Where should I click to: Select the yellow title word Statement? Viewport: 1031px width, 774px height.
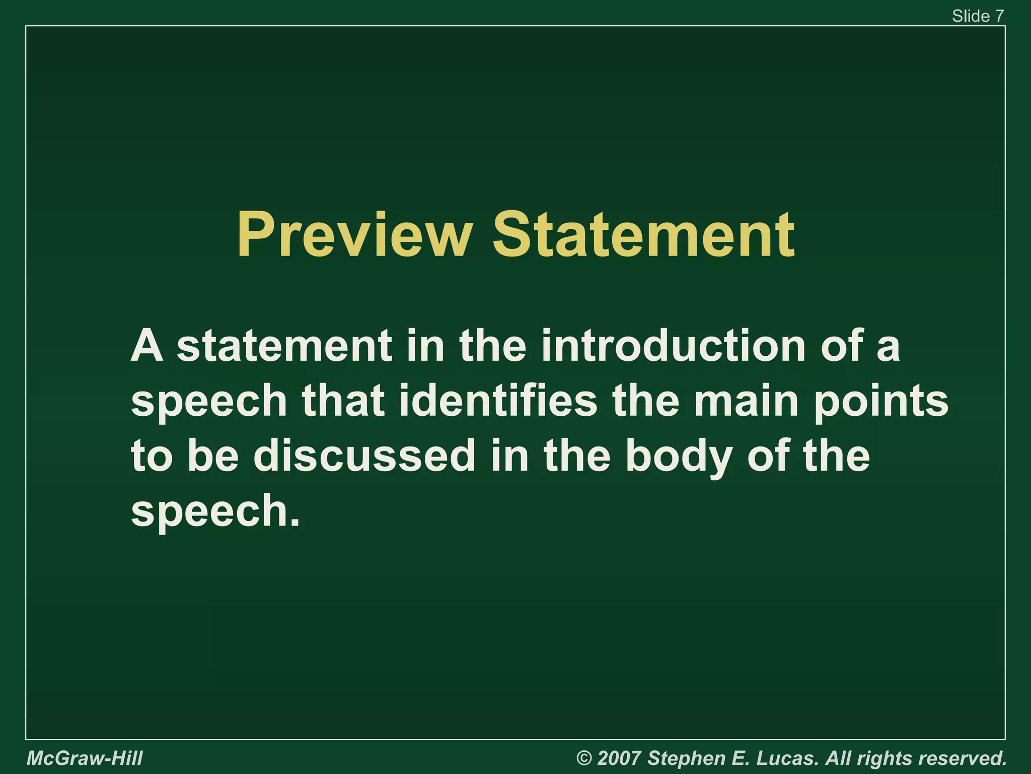[643, 236]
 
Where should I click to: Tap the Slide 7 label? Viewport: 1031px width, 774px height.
[978, 16]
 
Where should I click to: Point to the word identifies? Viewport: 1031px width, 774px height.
[498, 401]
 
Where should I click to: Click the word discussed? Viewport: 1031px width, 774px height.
[364, 456]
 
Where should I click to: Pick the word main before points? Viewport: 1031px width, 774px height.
[747, 401]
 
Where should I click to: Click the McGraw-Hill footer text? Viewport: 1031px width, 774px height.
[85, 758]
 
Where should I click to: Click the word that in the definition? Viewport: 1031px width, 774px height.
[343, 401]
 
